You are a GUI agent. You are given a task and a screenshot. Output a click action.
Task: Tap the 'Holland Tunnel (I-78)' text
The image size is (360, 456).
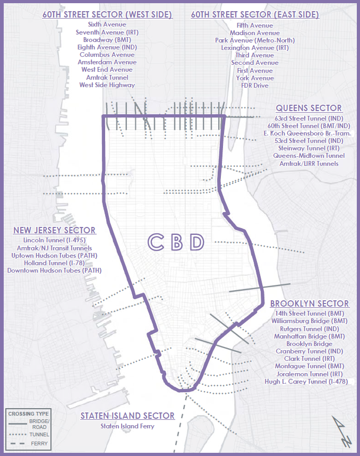[x=54, y=263]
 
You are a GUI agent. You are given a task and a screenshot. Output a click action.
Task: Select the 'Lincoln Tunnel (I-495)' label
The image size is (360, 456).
[x=54, y=241]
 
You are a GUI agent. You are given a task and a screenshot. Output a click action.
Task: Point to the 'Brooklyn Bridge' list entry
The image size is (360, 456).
[x=310, y=344]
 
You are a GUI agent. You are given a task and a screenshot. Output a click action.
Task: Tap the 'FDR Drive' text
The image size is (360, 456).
[x=255, y=86]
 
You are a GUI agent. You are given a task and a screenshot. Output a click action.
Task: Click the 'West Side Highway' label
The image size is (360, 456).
[x=107, y=85]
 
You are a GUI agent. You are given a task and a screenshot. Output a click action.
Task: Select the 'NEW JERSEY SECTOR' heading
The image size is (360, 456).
[x=54, y=230]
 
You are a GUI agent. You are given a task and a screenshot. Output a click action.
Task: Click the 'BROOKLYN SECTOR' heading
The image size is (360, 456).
[x=310, y=303]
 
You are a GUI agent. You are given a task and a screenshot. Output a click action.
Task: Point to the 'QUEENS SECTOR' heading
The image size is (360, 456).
[x=308, y=108]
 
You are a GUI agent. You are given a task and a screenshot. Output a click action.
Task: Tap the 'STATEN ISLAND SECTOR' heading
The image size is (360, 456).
[x=127, y=416]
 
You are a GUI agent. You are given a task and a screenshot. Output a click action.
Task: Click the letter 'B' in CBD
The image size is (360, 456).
[x=176, y=242]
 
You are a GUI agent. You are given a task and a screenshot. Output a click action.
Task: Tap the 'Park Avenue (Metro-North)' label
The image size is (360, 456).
[x=255, y=40]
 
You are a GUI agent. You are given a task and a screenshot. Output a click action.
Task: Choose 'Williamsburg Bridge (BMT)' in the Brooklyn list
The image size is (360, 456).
[x=310, y=321]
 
